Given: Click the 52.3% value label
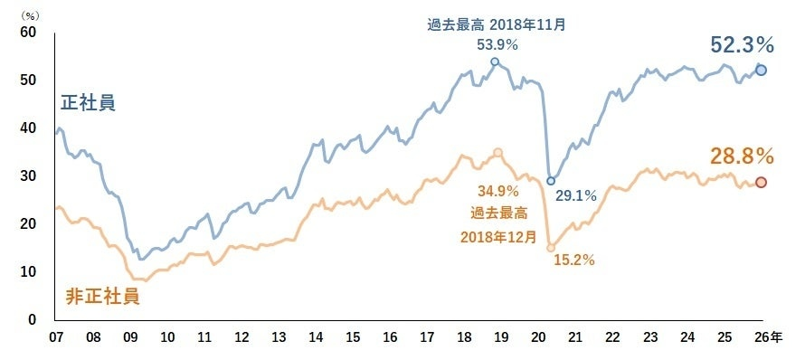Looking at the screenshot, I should click(742, 44).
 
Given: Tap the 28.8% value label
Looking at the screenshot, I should click(742, 156).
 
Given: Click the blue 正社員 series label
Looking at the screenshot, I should click(88, 103).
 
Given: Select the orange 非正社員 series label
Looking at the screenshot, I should click(102, 295).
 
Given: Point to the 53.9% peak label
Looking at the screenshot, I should click(497, 44).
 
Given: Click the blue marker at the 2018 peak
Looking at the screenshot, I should click(495, 62).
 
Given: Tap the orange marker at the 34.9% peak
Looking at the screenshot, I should click(497, 153).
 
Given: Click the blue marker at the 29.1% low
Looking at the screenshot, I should click(551, 181).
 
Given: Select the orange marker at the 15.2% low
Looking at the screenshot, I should click(551, 247).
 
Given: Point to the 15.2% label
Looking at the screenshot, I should click(573, 261).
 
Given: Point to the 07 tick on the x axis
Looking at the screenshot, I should click(56, 337).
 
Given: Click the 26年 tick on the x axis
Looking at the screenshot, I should click(766, 337).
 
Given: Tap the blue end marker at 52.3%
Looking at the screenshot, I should click(762, 71).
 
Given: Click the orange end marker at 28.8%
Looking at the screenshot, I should click(762, 183).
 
